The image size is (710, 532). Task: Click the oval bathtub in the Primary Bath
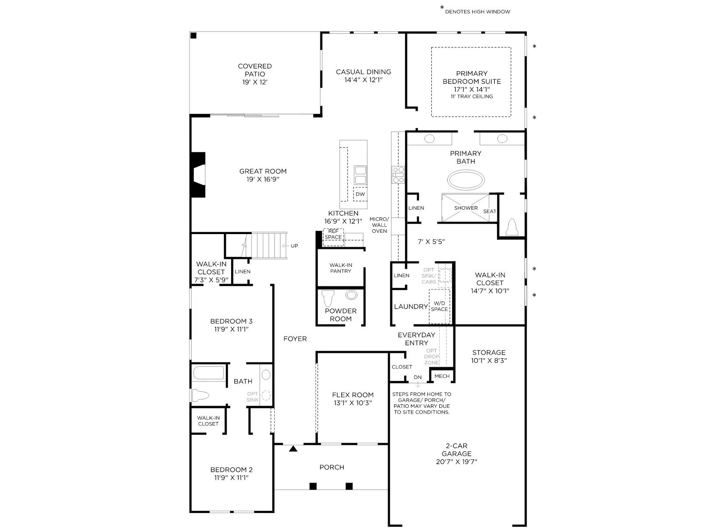[x=465, y=180]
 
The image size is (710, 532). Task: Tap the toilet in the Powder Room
[x=328, y=298]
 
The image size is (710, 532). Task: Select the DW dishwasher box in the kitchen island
[x=360, y=194]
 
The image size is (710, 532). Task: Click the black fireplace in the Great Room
[x=197, y=175]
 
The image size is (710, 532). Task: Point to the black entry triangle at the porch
[x=293, y=448]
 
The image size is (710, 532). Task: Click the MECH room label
[x=442, y=376]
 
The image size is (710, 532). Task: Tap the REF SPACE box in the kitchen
[x=333, y=237]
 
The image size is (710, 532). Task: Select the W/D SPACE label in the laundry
[x=439, y=306]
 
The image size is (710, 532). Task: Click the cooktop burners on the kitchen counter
[x=398, y=175]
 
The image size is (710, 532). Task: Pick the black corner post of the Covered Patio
[x=193, y=35]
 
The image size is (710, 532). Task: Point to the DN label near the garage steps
[x=418, y=377]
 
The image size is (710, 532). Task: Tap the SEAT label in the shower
[x=489, y=211]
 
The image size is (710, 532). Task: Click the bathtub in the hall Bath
[x=209, y=373]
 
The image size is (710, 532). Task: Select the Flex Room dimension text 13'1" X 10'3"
[x=353, y=403]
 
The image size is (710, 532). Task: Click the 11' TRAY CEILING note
[x=472, y=96]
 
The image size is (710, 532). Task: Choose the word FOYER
[x=295, y=339]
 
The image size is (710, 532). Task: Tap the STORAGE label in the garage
[x=489, y=352]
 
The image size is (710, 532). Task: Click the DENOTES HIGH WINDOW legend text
[x=477, y=12]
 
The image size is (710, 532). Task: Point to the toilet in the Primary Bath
[x=512, y=227]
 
